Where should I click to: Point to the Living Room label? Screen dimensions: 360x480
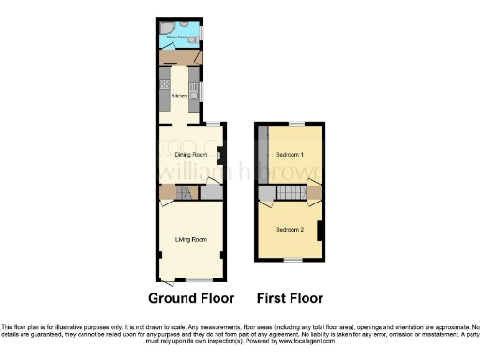tap(190, 239)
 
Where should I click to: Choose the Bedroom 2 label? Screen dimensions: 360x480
tap(289, 229)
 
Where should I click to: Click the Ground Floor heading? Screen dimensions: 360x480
tap(191, 299)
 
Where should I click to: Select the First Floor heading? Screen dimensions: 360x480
tap(290, 299)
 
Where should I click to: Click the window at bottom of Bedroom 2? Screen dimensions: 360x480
tap(292, 259)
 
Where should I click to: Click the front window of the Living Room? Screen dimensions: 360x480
tap(198, 279)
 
